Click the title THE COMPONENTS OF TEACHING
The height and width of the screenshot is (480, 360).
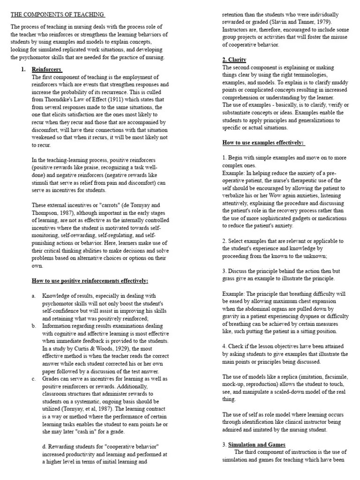[x=57, y=15]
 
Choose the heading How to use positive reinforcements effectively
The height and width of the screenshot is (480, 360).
[x=90, y=281]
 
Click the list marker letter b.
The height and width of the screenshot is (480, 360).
[x=34, y=326]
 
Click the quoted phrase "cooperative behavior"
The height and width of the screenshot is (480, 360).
[x=136, y=447]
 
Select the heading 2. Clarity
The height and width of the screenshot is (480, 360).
[x=234, y=60]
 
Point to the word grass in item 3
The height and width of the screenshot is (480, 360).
[x=230, y=278]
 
